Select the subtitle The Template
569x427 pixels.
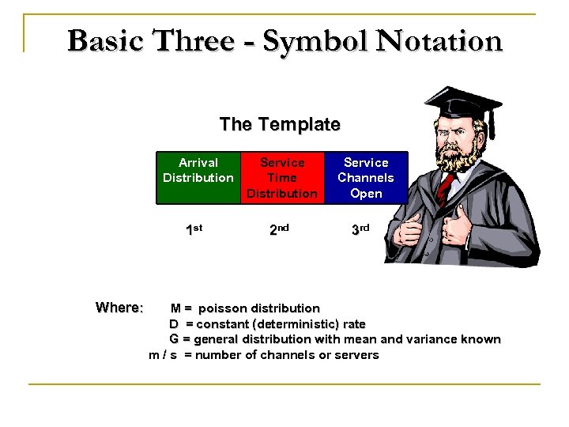click(x=280, y=125)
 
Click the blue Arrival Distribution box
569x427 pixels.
click(x=198, y=177)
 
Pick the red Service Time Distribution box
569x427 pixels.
click(x=281, y=177)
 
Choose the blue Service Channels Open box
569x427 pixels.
click(x=365, y=177)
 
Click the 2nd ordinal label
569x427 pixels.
click(x=279, y=230)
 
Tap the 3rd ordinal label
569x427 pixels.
click(x=360, y=230)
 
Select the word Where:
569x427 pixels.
click(x=119, y=307)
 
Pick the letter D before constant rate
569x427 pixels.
click(x=173, y=323)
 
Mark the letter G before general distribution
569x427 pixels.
click(x=173, y=339)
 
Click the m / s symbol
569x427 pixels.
click(x=163, y=355)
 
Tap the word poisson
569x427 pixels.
click(x=222, y=308)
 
